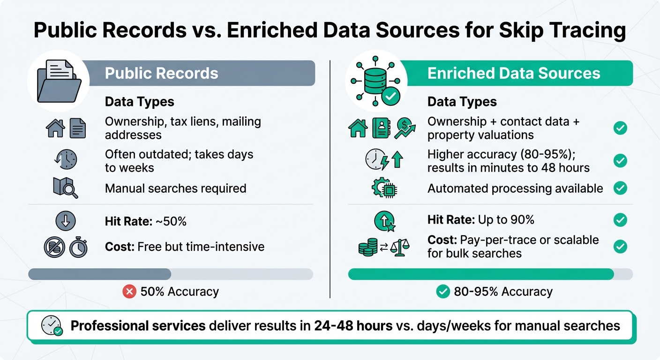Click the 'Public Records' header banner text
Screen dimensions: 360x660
[x=161, y=74]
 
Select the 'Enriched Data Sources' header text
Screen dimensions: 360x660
[x=514, y=74]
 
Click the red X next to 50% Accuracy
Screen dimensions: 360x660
[x=129, y=292]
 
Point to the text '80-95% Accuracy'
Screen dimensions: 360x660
[x=503, y=292]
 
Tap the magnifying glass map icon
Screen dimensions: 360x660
[x=65, y=187]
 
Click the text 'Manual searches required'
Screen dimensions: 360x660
[x=175, y=188]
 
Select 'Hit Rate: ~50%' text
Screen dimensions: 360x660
[x=145, y=221]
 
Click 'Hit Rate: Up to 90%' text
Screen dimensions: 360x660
[x=480, y=219]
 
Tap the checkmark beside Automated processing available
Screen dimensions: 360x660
[x=620, y=188]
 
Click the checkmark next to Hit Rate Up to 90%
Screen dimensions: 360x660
[x=620, y=219]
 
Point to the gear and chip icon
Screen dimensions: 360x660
[x=383, y=188]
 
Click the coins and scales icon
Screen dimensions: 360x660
[x=383, y=247]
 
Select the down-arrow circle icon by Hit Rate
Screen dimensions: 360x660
[x=65, y=221]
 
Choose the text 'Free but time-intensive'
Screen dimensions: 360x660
[x=201, y=247]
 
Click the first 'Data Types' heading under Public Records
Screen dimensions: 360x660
[x=139, y=102]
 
